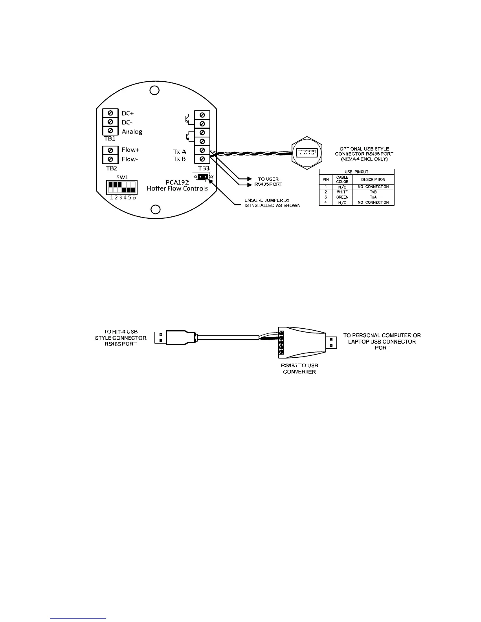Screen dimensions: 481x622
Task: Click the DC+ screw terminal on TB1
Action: pyautogui.click(x=110, y=113)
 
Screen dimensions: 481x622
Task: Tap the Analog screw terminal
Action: pyautogui.click(x=110, y=131)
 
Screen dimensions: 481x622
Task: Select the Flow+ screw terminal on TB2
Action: pyautogui.click(x=110, y=150)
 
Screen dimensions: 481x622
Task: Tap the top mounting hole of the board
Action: pyautogui.click(x=155, y=90)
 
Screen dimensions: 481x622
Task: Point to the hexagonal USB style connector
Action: pyautogui.click(x=307, y=151)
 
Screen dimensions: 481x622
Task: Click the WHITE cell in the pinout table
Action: pyautogui.click(x=342, y=192)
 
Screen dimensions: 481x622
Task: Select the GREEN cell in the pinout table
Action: pyautogui.click(x=342, y=197)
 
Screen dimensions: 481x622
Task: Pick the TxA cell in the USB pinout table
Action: pyautogui.click(x=373, y=197)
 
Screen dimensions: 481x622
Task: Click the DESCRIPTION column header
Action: pyautogui.click(x=373, y=179)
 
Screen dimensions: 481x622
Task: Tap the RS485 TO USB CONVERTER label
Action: pyautogui.click(x=299, y=369)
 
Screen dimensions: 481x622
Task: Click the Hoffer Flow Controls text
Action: pyautogui.click(x=177, y=188)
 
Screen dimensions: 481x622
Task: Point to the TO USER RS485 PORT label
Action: pyautogui.click(x=268, y=181)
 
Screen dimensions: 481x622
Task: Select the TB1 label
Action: pyautogui.click(x=110, y=139)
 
